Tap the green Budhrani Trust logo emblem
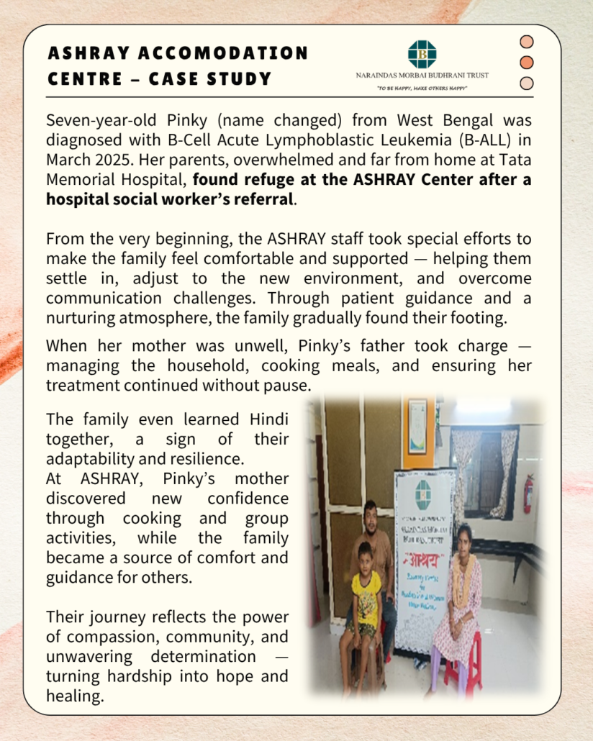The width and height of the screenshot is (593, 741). point(422,54)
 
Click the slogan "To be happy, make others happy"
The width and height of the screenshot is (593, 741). point(422,88)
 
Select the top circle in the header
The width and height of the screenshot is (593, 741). point(527,42)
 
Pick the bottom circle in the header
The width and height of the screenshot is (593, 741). point(527,83)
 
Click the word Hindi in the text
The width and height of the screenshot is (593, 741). point(268,419)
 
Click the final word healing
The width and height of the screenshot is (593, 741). point(73,696)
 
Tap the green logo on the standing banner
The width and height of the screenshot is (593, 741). point(423,494)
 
